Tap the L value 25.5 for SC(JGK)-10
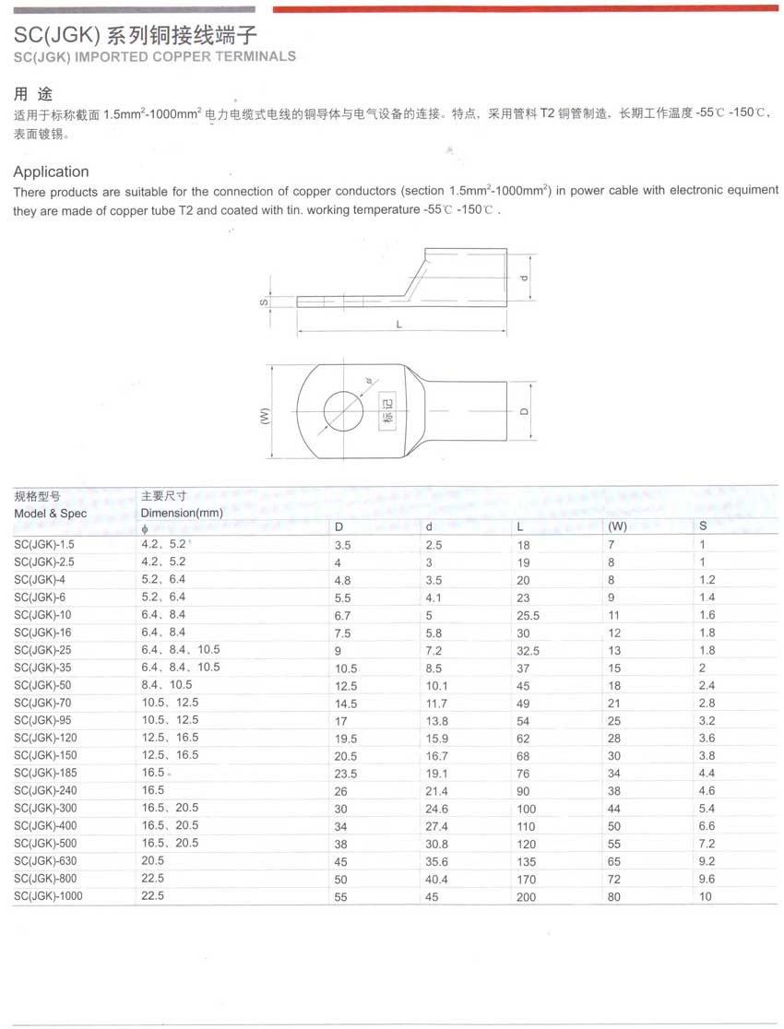pyautogui.click(x=529, y=615)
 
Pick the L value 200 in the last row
pyautogui.click(x=526, y=897)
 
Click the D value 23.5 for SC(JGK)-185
pyautogui.click(x=345, y=774)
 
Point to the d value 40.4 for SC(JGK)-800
pyautogui.click(x=435, y=880)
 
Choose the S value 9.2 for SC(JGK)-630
pyautogui.click(x=707, y=862)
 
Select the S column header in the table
pyautogui.click(x=704, y=526)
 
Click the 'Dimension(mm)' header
pyautogui.click(x=182, y=513)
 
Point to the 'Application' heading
pyautogui.click(x=51, y=171)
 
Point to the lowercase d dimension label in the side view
pyautogui.click(x=522, y=278)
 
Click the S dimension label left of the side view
pyautogui.click(x=263, y=302)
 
